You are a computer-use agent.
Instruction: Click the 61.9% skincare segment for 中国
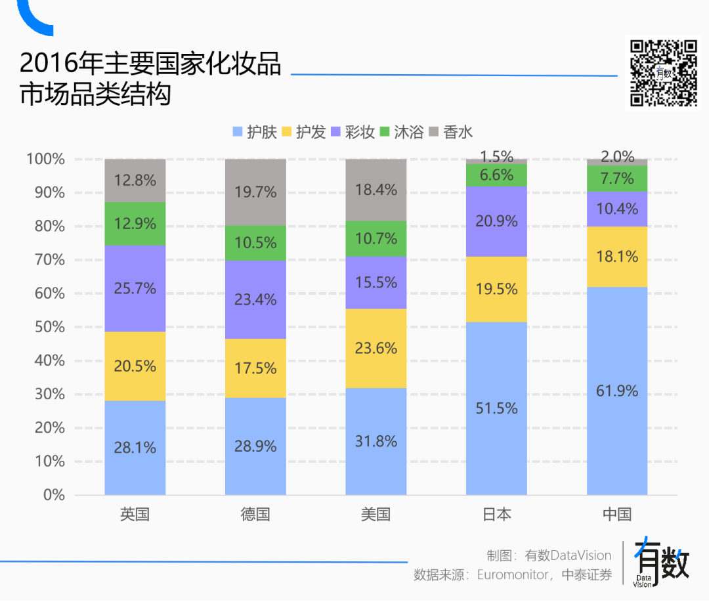(x=617, y=391)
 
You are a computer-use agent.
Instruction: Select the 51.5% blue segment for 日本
(x=496, y=408)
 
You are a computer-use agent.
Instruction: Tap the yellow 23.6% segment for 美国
(x=376, y=348)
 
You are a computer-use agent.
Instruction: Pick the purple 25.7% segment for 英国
(x=135, y=288)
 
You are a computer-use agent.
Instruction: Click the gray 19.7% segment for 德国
(x=255, y=192)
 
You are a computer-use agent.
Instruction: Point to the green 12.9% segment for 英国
(x=135, y=223)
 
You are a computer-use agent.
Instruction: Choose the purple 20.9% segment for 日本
(x=496, y=221)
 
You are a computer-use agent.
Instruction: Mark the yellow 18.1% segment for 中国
(x=617, y=256)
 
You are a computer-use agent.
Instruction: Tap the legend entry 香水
(x=451, y=132)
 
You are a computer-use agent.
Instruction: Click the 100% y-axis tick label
(x=46, y=159)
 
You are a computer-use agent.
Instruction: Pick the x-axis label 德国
(x=255, y=514)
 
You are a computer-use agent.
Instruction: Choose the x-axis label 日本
(x=496, y=514)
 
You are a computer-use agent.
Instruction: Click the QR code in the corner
(x=664, y=73)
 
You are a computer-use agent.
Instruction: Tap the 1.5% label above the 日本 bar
(x=496, y=157)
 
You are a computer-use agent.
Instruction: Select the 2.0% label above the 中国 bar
(x=617, y=157)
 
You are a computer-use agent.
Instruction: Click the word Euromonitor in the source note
(x=513, y=575)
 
